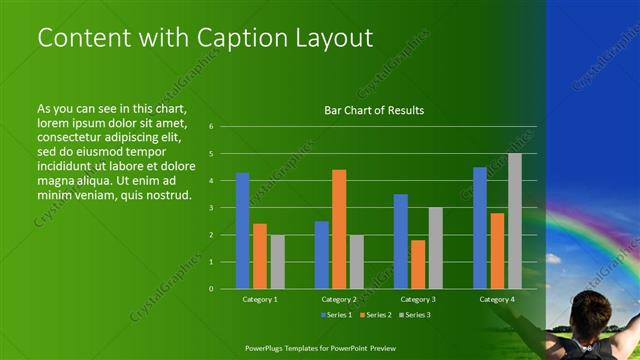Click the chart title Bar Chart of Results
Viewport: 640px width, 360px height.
375,110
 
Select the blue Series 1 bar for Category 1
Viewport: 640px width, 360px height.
242,230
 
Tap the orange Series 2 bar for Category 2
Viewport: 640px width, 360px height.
339,229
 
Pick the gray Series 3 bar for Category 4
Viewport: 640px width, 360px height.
515,221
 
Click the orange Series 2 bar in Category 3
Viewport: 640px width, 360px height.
418,264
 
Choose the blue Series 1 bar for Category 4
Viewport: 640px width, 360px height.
480,227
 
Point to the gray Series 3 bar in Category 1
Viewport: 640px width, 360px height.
277,261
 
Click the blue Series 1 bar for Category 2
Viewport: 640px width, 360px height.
322,254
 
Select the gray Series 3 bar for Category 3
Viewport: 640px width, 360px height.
436,248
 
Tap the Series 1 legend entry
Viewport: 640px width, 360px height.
337,315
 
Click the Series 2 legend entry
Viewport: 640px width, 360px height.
375,315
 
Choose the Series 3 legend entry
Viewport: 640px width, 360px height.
414,315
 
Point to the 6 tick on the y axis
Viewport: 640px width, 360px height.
211,127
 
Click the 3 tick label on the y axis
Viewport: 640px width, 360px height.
211,207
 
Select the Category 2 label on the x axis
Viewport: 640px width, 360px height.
339,299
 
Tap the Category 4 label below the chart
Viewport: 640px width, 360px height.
497,299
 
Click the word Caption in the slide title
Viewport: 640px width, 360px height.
237,38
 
